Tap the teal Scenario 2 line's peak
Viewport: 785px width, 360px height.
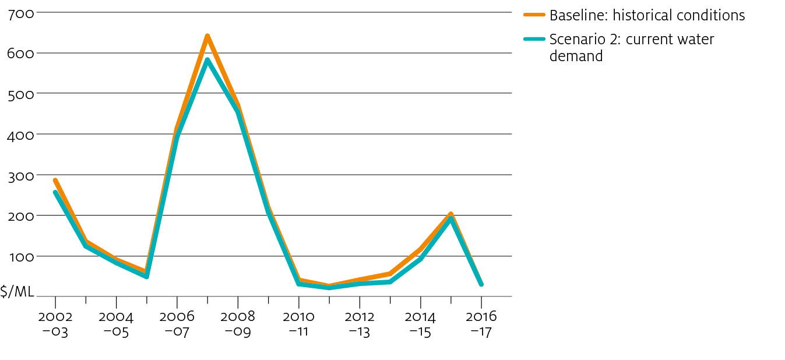[x=207, y=60]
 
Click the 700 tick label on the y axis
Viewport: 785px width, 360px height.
[x=21, y=15]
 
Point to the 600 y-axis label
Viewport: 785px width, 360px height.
[x=20, y=54]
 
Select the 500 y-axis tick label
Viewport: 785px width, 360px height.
[x=21, y=95]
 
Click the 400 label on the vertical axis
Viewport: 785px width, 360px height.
[x=20, y=136]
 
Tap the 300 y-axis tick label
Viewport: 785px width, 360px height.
[x=21, y=176]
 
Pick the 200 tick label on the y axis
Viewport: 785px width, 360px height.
[x=21, y=217]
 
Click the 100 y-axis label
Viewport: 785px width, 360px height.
[x=22, y=257]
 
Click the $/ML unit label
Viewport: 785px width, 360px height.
[x=17, y=291]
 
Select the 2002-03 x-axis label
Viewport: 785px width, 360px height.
[x=55, y=324]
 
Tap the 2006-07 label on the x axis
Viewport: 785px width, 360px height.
[x=177, y=324]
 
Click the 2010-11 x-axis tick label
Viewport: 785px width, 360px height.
[x=298, y=324]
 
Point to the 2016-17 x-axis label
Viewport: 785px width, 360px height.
[x=481, y=324]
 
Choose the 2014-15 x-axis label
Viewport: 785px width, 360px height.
[x=420, y=324]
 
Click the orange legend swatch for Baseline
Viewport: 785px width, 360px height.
[x=534, y=15]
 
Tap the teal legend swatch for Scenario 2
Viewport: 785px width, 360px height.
[x=534, y=39]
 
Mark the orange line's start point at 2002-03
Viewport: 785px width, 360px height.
[x=55, y=181]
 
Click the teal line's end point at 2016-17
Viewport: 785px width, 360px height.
[x=481, y=284]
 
